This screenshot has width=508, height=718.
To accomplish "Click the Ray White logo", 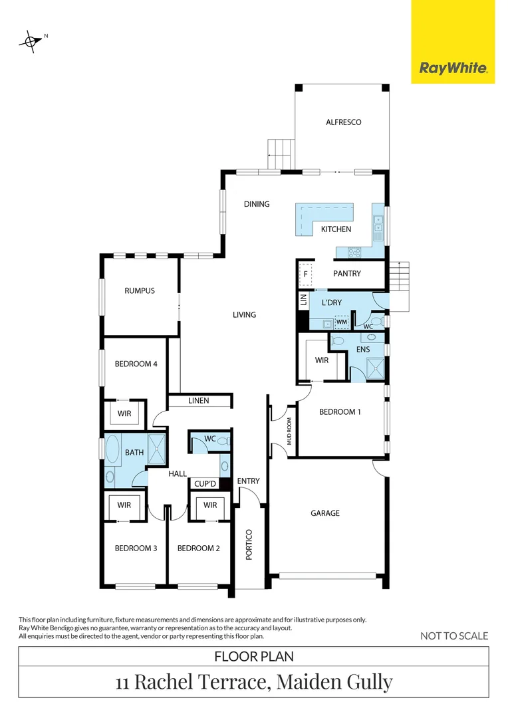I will (x=453, y=67).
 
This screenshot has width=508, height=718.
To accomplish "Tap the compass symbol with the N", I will (x=31, y=42).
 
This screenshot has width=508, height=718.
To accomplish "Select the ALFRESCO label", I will (x=343, y=122).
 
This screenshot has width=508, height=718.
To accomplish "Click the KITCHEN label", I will (x=336, y=229).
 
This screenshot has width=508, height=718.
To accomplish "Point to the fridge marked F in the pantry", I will (x=306, y=273).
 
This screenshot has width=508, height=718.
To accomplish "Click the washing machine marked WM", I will (x=341, y=322).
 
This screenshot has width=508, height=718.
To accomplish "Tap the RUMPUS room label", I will (x=140, y=291).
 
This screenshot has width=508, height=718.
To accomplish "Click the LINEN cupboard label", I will (x=198, y=401).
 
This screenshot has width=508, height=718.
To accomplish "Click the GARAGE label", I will (x=325, y=513).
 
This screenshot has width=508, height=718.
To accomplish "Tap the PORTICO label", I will (x=249, y=544).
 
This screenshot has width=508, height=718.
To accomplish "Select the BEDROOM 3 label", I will (x=136, y=548).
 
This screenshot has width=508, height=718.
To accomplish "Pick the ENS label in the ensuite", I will (x=363, y=349).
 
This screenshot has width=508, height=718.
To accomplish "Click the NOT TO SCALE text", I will (x=454, y=636).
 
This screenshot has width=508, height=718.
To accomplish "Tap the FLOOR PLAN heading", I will (x=253, y=657).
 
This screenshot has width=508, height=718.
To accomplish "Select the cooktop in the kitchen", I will (x=352, y=252).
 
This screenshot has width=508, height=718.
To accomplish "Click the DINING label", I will (x=256, y=204).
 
